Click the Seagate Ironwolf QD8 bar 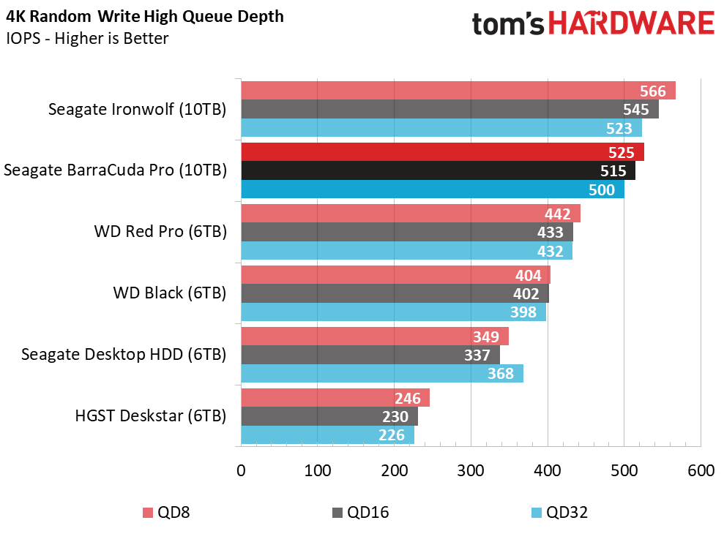tap(439, 91)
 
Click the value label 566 tap(652, 91)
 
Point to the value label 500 tap(602, 189)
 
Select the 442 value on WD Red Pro tap(557, 214)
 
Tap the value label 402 tap(526, 294)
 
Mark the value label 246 tap(407, 399)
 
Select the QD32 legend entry tap(558, 513)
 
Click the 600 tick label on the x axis tap(701, 470)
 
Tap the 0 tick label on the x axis tap(241, 470)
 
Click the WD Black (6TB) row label tap(169, 293)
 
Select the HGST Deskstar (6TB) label tap(150, 416)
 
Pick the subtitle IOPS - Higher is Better tap(87, 38)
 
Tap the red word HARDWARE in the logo tap(632, 24)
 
